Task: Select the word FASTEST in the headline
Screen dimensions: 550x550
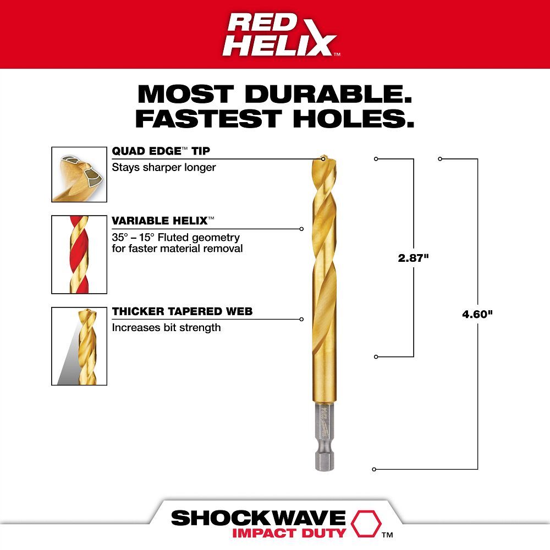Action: [209, 118]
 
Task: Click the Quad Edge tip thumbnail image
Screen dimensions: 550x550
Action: [79, 174]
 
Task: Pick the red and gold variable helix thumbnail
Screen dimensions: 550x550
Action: [79, 254]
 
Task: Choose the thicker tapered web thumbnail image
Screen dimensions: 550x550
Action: [79, 346]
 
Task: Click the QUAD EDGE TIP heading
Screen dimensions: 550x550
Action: [161, 151]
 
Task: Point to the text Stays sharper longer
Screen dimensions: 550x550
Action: [164, 167]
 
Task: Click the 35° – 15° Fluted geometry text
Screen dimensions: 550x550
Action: [176, 238]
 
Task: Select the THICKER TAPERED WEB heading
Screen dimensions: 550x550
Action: [182, 311]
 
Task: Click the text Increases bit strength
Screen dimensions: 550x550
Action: [166, 328]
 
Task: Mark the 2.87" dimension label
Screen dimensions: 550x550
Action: [413, 257]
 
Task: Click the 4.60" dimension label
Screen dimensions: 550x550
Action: [477, 315]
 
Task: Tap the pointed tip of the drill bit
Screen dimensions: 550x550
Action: [322, 158]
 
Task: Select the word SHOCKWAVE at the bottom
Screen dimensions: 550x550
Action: [258, 519]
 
